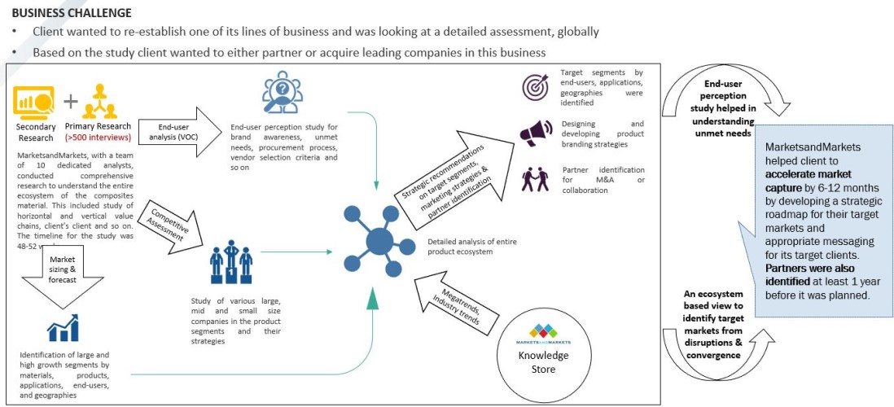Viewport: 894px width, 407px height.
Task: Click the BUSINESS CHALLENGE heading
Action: click(x=72, y=12)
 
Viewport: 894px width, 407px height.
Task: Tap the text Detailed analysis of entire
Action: click(x=472, y=242)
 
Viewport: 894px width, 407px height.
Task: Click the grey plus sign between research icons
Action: click(x=71, y=101)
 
